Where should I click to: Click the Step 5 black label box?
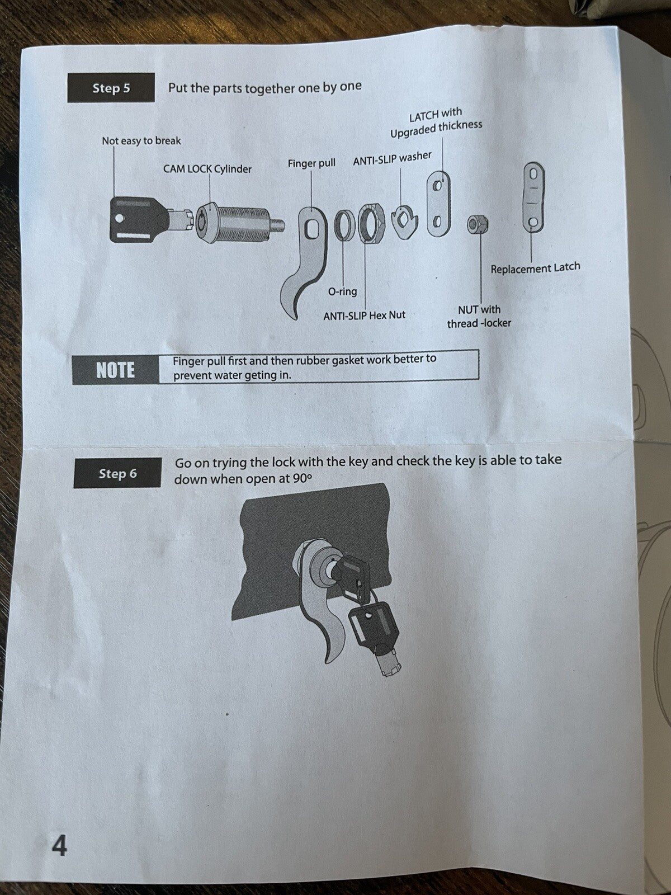click(x=111, y=88)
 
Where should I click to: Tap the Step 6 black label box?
click(x=117, y=473)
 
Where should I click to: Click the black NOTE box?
click(x=115, y=370)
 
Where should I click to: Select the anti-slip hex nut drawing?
click(x=370, y=223)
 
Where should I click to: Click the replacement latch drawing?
click(x=533, y=197)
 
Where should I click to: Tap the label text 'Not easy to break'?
click(x=141, y=141)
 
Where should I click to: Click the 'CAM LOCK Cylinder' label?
click(x=207, y=169)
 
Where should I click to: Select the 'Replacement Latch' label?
click(x=535, y=268)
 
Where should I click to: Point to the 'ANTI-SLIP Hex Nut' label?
click(x=364, y=315)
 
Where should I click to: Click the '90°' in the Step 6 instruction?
click(x=301, y=479)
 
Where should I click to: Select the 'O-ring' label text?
click(x=342, y=291)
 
